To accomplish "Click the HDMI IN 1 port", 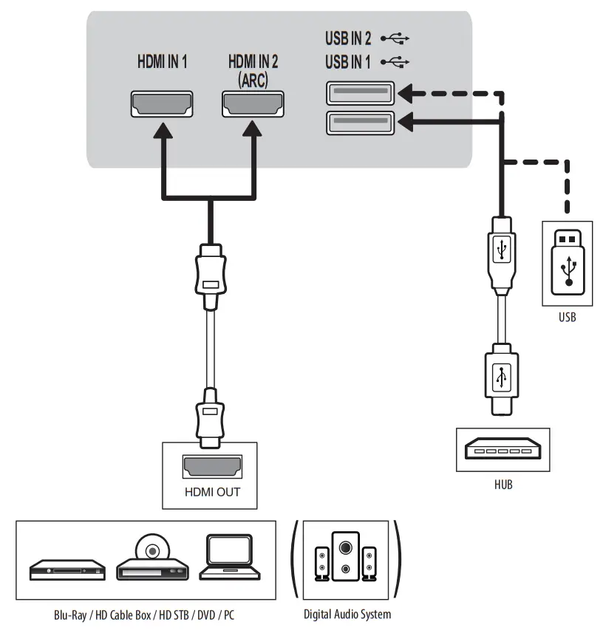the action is (162, 103).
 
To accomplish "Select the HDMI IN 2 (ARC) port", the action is (253, 103).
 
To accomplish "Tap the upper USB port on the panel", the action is (361, 93).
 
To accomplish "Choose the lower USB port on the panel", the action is (361, 123).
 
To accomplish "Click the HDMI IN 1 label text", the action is (163, 62).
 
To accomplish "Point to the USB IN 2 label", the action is (348, 38).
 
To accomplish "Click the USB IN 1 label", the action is (348, 62).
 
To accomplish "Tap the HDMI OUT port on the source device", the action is (212, 467).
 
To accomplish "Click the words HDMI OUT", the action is (212, 492).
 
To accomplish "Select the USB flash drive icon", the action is (568, 262).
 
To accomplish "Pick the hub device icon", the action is (502, 448).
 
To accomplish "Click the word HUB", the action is (503, 485).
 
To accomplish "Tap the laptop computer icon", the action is (230, 557).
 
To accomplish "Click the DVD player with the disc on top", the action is (153, 558).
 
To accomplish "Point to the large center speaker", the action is (345, 556).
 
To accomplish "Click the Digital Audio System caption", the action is (347, 615).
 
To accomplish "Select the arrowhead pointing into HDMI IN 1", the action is (163, 131).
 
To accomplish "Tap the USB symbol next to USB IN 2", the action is (395, 38).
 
